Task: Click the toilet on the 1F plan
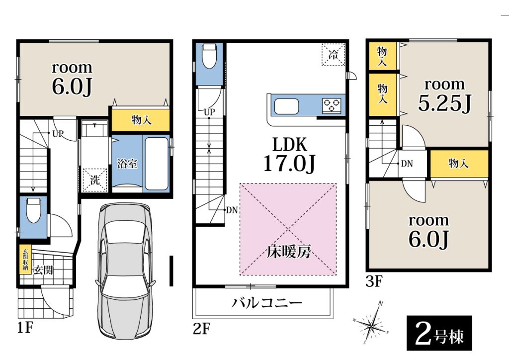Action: (x=33, y=211)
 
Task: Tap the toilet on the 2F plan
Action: (x=209, y=56)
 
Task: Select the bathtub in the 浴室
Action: (x=156, y=164)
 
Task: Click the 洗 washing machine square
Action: (x=94, y=180)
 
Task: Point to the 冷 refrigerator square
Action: (x=333, y=55)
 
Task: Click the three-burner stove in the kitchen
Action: (x=332, y=105)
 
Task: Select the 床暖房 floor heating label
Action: (x=289, y=252)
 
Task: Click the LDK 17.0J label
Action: (x=289, y=154)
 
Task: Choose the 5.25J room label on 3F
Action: (x=444, y=103)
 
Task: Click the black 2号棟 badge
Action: (x=439, y=333)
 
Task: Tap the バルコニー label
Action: (x=267, y=303)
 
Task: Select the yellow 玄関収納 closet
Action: (x=25, y=260)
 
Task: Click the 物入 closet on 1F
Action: (x=141, y=120)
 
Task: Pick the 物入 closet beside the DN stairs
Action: (x=459, y=163)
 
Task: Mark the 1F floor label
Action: (x=25, y=327)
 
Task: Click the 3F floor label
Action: (x=375, y=281)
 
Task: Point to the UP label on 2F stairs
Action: (x=209, y=112)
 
